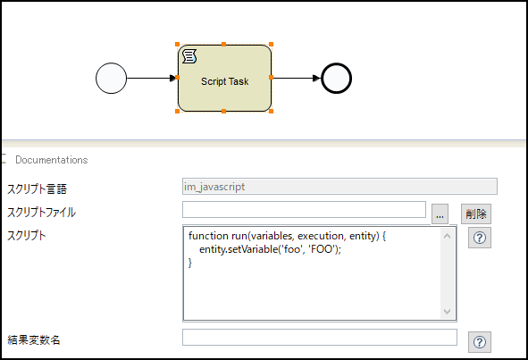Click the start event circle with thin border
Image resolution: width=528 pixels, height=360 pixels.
click(111, 78)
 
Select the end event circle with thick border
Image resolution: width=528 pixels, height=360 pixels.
click(337, 78)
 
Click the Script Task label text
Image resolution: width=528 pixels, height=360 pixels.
click(224, 81)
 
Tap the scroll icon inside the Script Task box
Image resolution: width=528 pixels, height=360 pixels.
click(189, 56)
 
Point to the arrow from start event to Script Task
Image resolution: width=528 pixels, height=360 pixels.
click(152, 78)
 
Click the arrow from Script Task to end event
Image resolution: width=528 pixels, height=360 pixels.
click(297, 78)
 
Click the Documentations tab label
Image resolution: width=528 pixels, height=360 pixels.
click(52, 160)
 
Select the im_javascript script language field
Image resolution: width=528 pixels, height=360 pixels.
click(339, 186)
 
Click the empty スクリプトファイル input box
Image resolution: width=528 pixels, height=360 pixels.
click(304, 209)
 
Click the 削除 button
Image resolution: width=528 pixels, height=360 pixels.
click(476, 213)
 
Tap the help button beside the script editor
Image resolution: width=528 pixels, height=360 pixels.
click(480, 238)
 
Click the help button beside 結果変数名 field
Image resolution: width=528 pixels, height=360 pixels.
click(480, 342)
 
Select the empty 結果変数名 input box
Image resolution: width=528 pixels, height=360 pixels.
click(320, 337)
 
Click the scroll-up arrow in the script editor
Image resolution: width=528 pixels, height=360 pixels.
click(448, 236)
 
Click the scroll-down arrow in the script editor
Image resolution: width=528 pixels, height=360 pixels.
click(448, 312)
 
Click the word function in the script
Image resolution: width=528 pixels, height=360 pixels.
click(208, 236)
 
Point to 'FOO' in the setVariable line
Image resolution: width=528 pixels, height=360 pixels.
click(323, 249)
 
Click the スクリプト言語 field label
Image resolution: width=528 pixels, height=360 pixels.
click(37, 188)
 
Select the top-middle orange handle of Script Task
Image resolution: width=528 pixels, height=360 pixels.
click(223, 44)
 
